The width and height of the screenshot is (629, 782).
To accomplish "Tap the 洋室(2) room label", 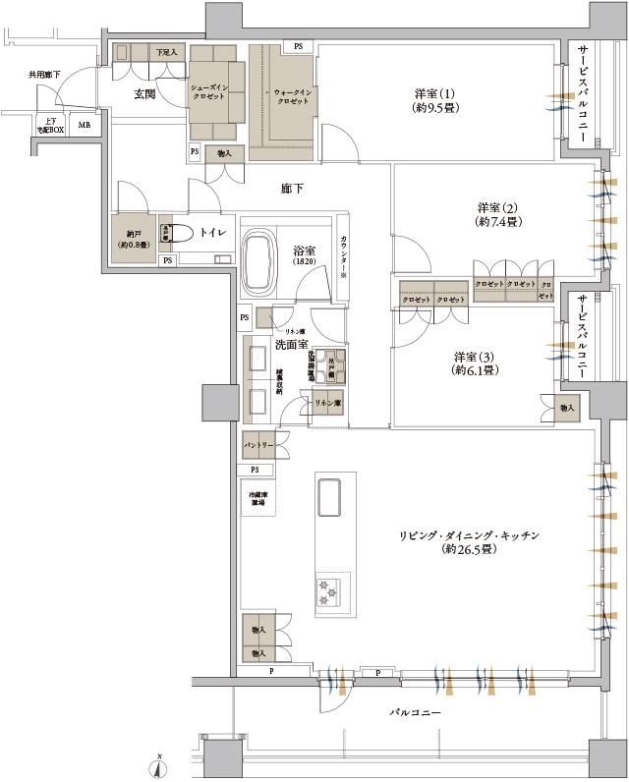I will click(x=498, y=214).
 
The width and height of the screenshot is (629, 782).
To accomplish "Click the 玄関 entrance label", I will click(x=148, y=93).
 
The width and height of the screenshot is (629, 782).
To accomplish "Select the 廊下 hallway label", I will click(x=292, y=189).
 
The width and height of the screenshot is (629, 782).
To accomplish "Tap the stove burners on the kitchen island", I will click(x=326, y=590).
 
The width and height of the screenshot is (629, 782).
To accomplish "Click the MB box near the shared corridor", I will click(x=84, y=125).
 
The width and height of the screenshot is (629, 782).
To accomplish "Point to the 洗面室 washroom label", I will click(x=292, y=344).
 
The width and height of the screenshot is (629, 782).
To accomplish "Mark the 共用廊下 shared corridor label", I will click(x=44, y=75).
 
